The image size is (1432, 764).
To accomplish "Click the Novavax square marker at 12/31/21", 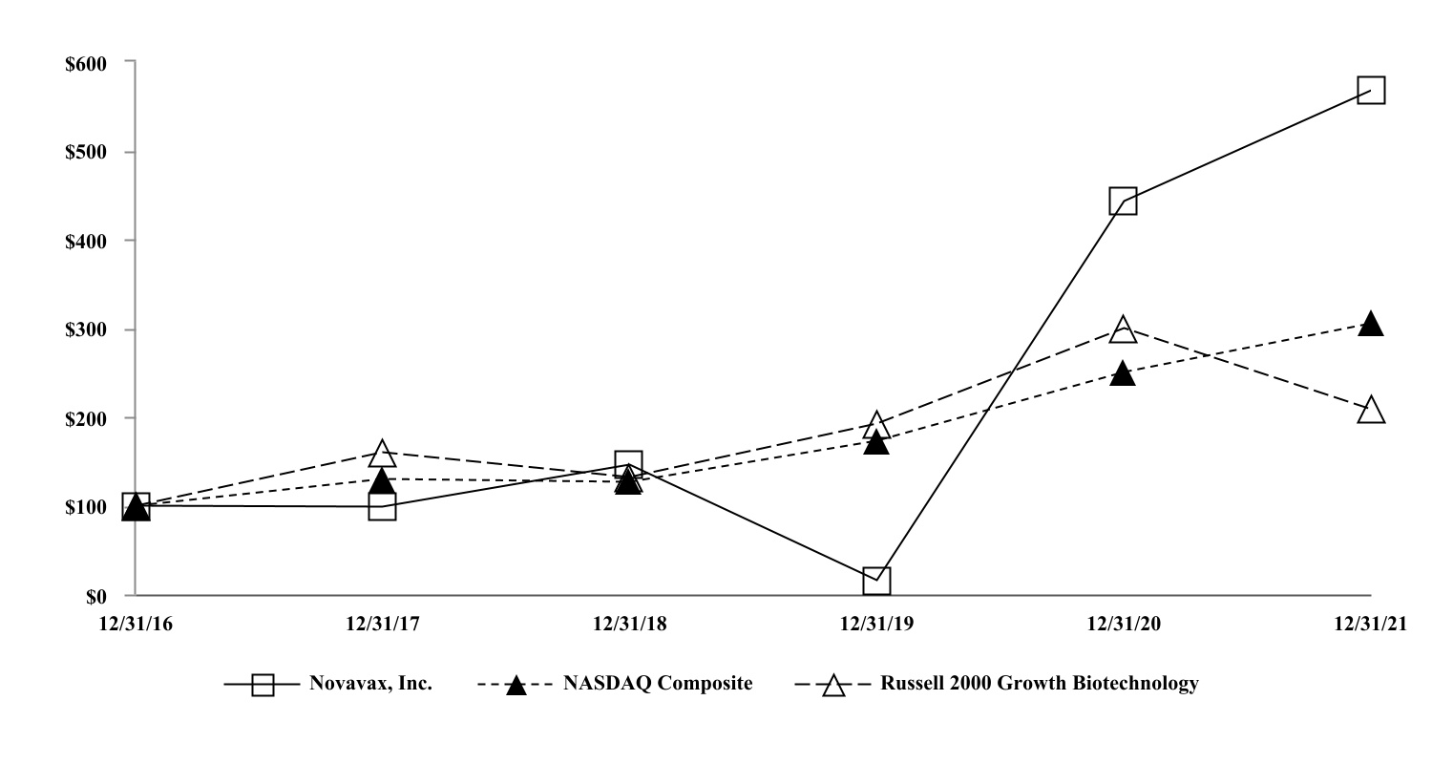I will [x=1371, y=91].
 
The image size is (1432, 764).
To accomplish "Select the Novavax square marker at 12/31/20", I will [x=1124, y=202].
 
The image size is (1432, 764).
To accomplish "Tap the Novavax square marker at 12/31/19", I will [x=876, y=580].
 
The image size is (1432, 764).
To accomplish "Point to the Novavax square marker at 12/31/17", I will [x=382, y=507].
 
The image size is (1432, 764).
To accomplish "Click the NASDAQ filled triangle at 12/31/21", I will [x=1371, y=324].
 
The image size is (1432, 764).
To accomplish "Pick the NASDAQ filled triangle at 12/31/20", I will [x=1124, y=373].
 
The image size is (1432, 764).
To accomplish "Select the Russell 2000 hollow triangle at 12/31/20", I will [x=1124, y=329].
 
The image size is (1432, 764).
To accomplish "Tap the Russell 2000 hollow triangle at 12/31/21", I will [x=1371, y=411].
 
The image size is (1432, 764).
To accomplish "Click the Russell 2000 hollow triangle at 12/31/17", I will [x=382, y=452].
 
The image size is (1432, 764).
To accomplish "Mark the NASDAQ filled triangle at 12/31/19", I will [x=876, y=442].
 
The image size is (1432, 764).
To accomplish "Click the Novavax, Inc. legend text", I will [x=370, y=684].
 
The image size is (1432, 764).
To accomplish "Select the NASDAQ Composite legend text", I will [x=657, y=684].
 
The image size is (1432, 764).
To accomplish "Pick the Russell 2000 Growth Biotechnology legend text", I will [x=1040, y=684].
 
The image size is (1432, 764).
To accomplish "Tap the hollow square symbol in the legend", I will [x=262, y=686].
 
